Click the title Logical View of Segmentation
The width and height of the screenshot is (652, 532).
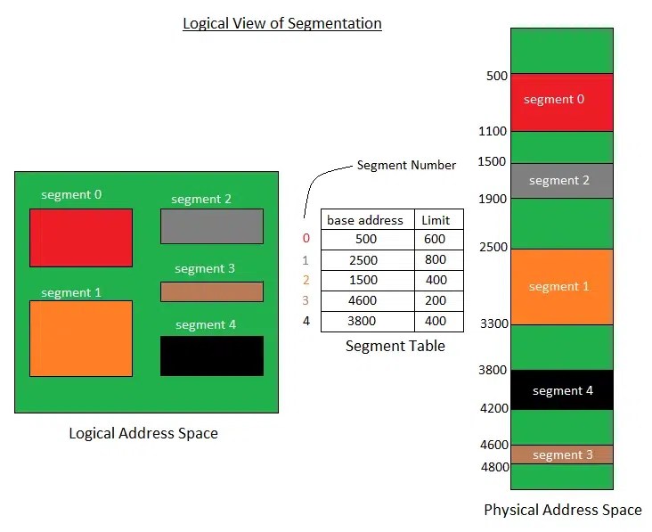pyautogui.click(x=282, y=24)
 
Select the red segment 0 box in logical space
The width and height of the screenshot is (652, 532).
pyautogui.click(x=80, y=237)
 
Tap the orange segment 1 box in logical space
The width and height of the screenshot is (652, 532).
pyautogui.click(x=80, y=338)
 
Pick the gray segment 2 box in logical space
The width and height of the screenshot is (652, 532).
pyautogui.click(x=211, y=226)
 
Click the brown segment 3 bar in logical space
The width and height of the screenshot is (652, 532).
pyautogui.click(x=211, y=291)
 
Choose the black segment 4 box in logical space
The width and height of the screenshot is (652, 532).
pyautogui.click(x=211, y=356)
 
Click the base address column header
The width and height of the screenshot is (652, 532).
pyautogui.click(x=365, y=220)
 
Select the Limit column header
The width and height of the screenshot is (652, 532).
pyautogui.click(x=436, y=220)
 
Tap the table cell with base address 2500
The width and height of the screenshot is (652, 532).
pyautogui.click(x=365, y=260)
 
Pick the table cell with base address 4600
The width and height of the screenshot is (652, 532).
pyautogui.click(x=365, y=300)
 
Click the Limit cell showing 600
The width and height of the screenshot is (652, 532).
pyautogui.click(x=436, y=240)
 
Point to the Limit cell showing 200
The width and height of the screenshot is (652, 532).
pyautogui.click(x=436, y=300)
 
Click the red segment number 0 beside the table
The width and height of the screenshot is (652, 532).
pyautogui.click(x=306, y=239)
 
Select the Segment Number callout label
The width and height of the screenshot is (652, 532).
pyautogui.click(x=406, y=165)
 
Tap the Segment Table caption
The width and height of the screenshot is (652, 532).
pyautogui.click(x=395, y=346)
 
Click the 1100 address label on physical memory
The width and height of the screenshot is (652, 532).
pyautogui.click(x=492, y=131)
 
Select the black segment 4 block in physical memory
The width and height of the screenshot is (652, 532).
pyautogui.click(x=562, y=390)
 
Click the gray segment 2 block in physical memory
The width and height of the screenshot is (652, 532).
pyautogui.click(x=562, y=181)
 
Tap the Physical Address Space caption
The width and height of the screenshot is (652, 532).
pyautogui.click(x=562, y=510)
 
